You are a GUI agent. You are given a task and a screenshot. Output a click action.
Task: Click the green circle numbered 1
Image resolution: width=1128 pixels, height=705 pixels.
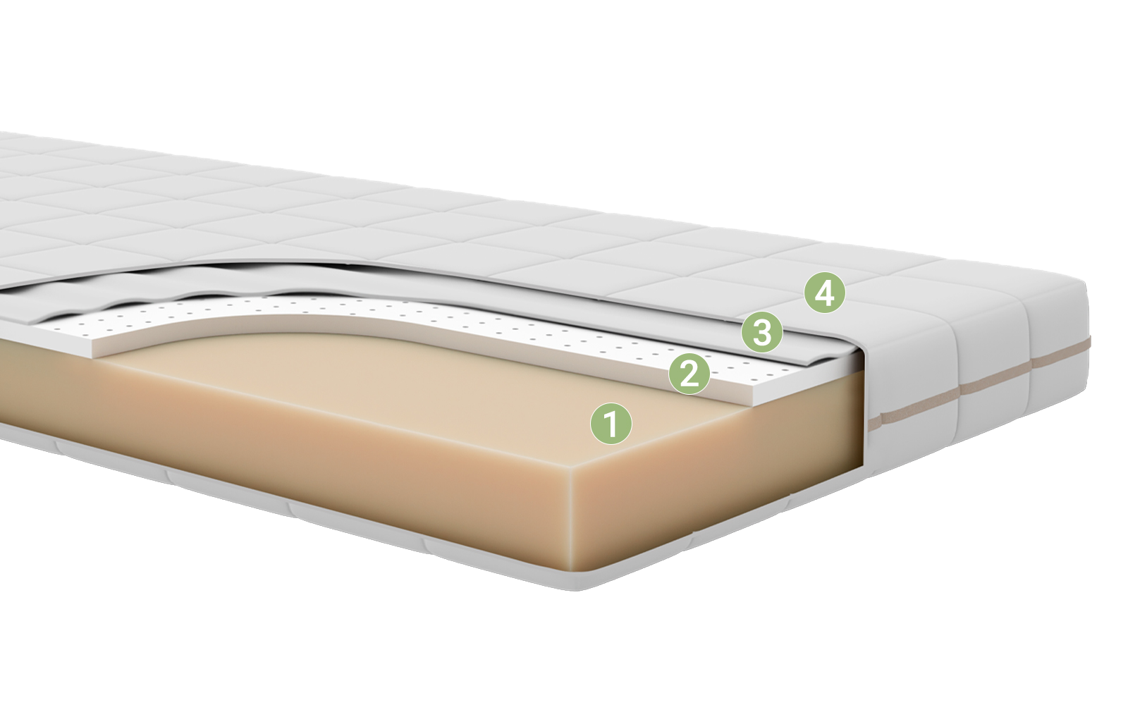click(x=611, y=424)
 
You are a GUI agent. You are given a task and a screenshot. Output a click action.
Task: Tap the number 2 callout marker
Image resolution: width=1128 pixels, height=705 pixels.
click(x=689, y=374)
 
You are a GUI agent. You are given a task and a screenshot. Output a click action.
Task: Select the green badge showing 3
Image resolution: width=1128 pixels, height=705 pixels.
click(x=762, y=332)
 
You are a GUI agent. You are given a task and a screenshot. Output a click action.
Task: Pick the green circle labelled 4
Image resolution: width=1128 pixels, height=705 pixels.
click(x=824, y=293)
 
